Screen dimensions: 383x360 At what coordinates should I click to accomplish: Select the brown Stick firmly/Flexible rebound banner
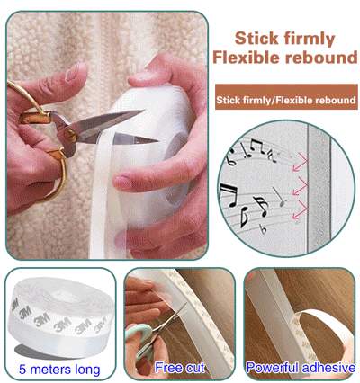[286, 100]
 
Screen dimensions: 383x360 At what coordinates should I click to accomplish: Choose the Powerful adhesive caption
[300, 368]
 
